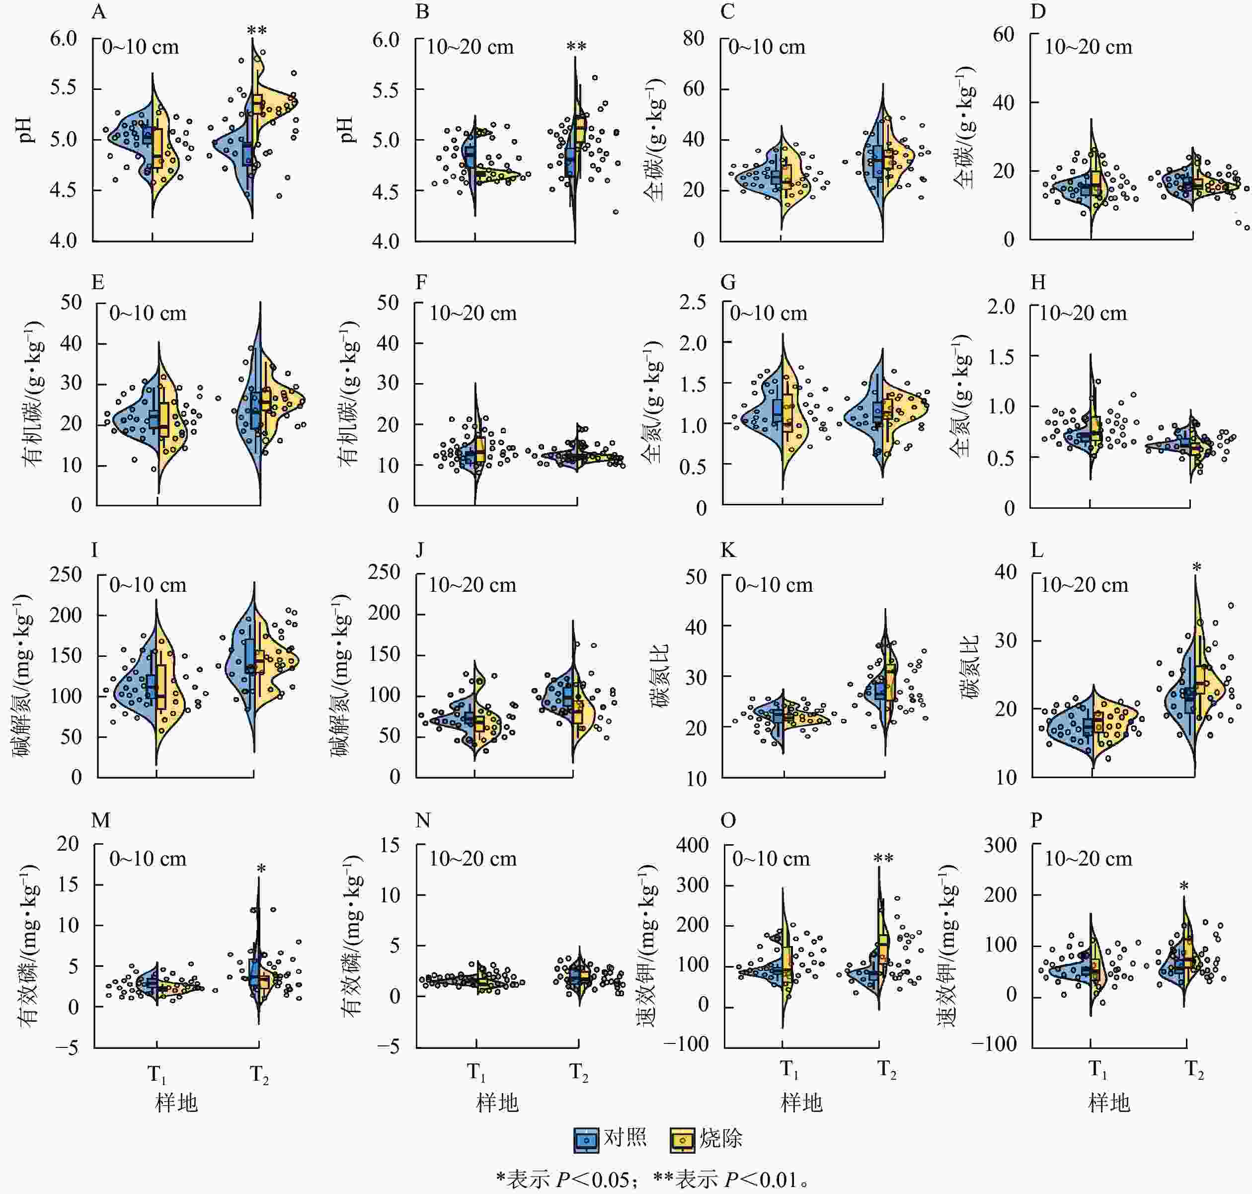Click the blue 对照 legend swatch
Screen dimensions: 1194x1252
[x=586, y=1140]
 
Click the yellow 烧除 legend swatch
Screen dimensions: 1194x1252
[x=682, y=1140]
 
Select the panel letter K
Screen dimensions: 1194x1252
[x=728, y=551]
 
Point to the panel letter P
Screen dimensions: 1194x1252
[x=1037, y=820]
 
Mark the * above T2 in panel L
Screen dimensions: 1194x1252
[x=1197, y=568]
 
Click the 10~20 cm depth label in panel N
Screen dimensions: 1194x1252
[x=473, y=859]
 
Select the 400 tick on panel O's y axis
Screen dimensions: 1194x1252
[x=692, y=845]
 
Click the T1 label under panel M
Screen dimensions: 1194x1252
[x=156, y=1075]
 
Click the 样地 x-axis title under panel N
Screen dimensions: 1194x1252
[x=497, y=1103]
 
